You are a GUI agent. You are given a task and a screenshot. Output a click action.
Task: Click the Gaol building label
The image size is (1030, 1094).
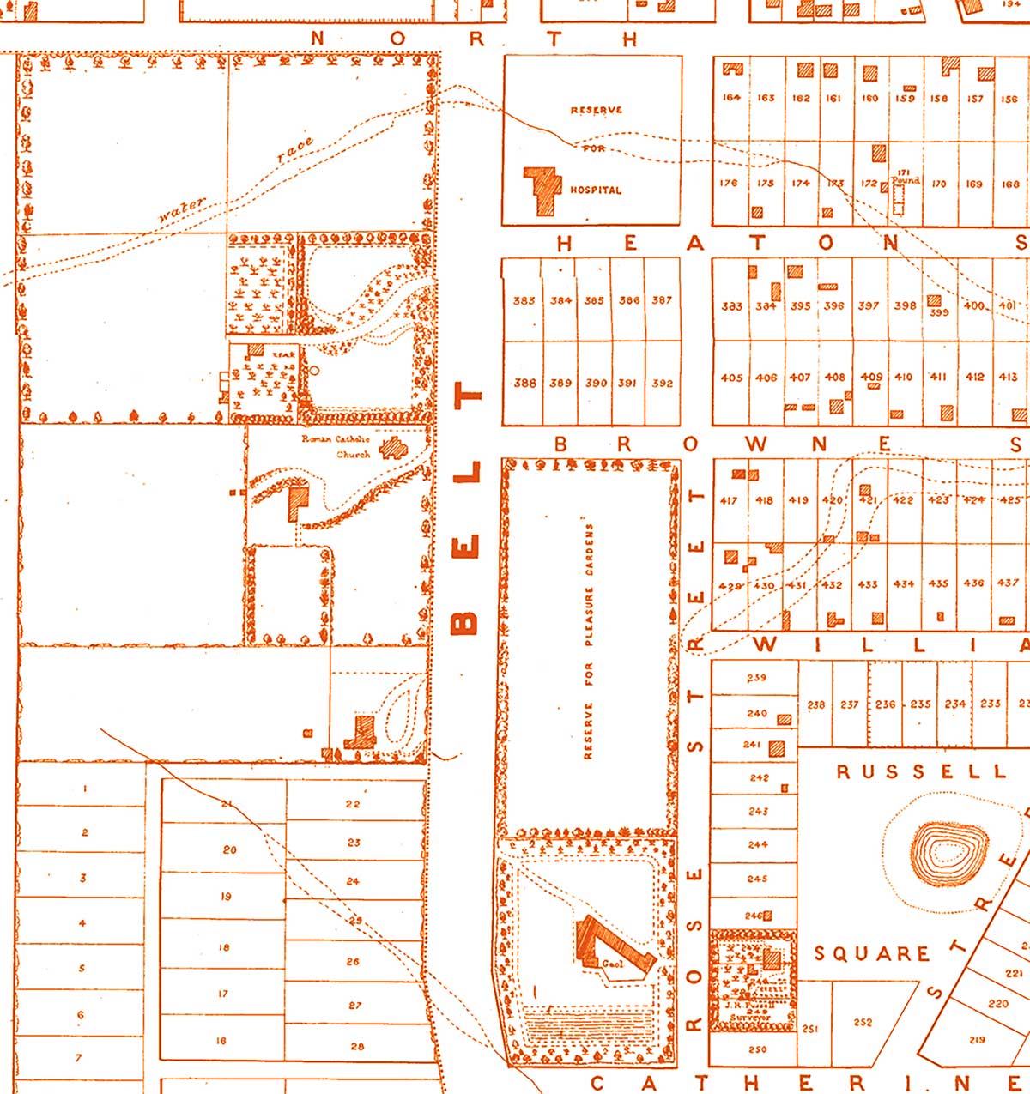pyautogui.click(x=611, y=964)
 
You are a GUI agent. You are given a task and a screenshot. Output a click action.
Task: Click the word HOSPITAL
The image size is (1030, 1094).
pyautogui.click(x=596, y=190)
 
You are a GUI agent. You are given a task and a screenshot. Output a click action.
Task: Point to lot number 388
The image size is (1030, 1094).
pyautogui.click(x=524, y=384)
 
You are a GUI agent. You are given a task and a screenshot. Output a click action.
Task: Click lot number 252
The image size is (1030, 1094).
pyautogui.click(x=863, y=1022)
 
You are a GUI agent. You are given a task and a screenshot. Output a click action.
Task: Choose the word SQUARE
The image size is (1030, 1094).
pyautogui.click(x=872, y=953)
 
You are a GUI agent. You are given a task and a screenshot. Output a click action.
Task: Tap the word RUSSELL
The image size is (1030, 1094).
pyautogui.click(x=921, y=771)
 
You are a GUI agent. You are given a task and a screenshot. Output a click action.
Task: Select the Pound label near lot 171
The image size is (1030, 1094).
pyautogui.click(x=906, y=180)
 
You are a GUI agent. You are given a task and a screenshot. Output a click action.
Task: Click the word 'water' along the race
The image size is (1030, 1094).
pyautogui.click(x=181, y=211)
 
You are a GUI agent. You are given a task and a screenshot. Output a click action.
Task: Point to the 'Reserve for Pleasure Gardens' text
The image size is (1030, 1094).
pyautogui.click(x=589, y=639)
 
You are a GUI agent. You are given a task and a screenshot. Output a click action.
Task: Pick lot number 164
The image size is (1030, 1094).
pyautogui.click(x=731, y=98)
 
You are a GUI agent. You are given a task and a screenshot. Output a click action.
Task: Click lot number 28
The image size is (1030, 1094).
pyautogui.click(x=357, y=1046)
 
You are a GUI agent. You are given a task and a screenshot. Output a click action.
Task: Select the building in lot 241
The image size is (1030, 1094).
pyautogui.click(x=777, y=747)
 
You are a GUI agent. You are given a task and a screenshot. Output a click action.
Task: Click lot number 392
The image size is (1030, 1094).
pyautogui.click(x=662, y=384)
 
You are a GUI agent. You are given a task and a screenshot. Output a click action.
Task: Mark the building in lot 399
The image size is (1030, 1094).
pyautogui.click(x=934, y=302)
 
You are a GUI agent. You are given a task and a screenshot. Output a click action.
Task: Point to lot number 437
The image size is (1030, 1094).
pyautogui.click(x=1008, y=583)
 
